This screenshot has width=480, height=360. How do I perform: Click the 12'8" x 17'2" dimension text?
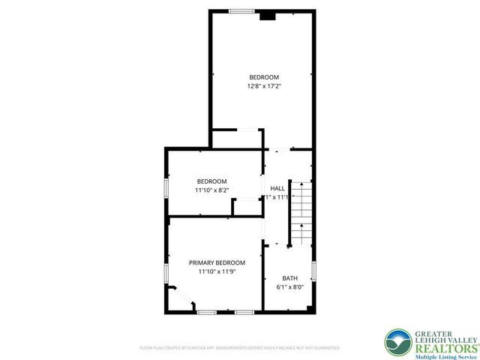pyautogui.click(x=264, y=86)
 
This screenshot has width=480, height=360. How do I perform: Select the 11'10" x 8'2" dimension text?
pyautogui.click(x=211, y=190)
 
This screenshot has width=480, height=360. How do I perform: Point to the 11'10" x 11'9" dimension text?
pyautogui.click(x=217, y=271)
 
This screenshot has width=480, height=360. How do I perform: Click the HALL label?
pyautogui.click(x=277, y=188)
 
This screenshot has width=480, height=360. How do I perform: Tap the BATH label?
pyautogui.click(x=289, y=277)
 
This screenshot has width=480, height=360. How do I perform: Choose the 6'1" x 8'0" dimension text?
pyautogui.click(x=289, y=287)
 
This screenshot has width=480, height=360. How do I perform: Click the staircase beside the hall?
pyautogui.click(x=301, y=213)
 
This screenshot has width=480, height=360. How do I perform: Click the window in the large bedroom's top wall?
pyautogui.click(x=241, y=10)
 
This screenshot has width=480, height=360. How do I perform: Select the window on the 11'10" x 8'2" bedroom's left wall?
pyautogui.click(x=166, y=187)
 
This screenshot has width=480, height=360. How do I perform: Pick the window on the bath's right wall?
pyautogui.click(x=313, y=270)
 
